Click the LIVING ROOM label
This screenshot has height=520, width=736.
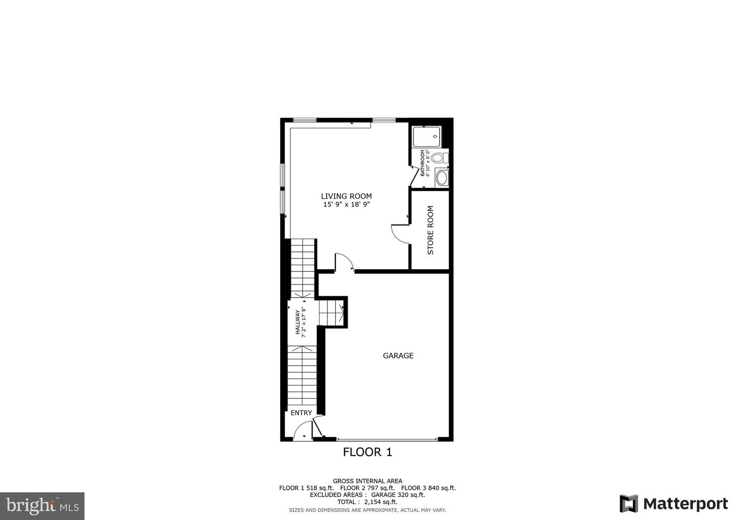pos(347,196)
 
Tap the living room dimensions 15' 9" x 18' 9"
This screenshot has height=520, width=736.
pos(347,204)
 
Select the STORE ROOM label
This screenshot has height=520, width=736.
pos(430,230)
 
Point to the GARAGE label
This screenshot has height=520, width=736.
pos(398,356)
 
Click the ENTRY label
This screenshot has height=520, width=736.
pos(302,413)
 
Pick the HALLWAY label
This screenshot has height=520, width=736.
pos(297,322)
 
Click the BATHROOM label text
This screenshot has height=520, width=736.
pos(423,163)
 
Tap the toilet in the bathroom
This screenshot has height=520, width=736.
pos(440,158)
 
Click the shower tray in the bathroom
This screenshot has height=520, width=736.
pos(427,137)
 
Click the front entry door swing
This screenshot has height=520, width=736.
pos(302,431)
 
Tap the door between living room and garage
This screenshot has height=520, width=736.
pos(344,263)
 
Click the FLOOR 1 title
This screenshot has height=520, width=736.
pos(367,453)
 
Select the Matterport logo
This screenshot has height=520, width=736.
pos(674,504)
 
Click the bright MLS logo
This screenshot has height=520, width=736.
pos(42,506)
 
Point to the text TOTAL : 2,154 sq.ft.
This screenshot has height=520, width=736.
pos(367,502)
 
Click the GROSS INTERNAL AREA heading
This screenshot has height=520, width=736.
pos(367,481)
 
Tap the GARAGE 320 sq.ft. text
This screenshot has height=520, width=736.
pos(398,495)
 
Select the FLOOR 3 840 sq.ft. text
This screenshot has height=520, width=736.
pos(428,488)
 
